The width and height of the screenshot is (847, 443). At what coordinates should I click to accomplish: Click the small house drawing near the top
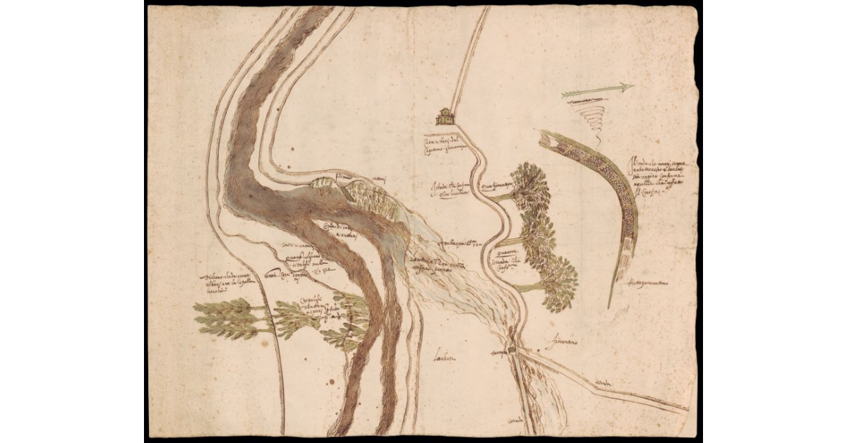point(445,116)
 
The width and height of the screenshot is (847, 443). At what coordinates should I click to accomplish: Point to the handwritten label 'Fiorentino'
point(562,343)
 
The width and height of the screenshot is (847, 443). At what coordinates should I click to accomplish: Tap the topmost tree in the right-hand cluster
point(531,185)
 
